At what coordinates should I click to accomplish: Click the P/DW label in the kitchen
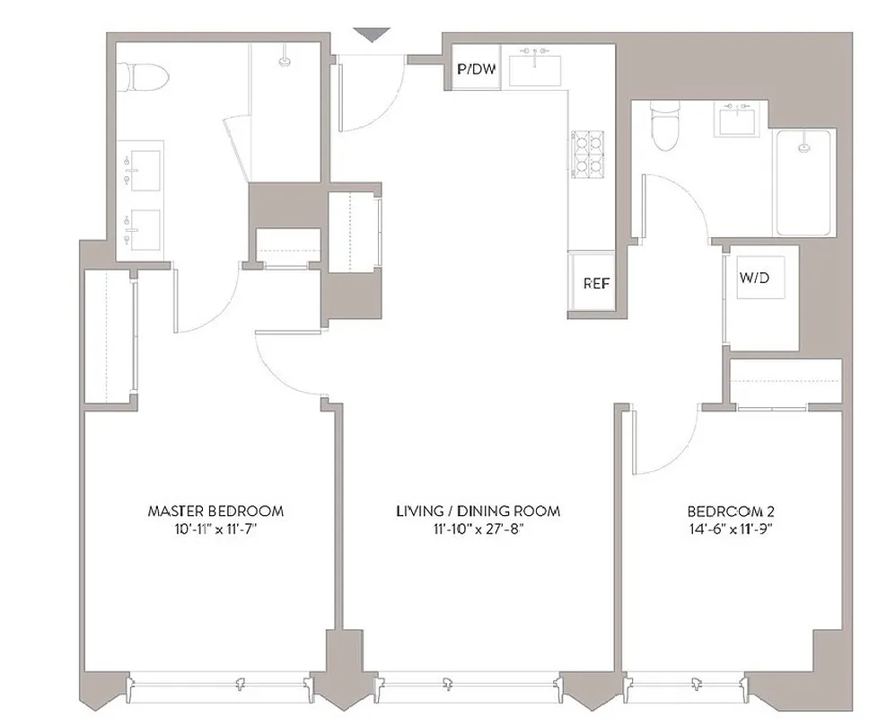tap(476, 68)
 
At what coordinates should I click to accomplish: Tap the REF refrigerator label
tap(596, 283)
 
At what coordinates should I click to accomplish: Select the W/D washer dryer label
tap(755, 279)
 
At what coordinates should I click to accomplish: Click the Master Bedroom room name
tap(215, 511)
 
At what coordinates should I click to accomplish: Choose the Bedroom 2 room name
tap(729, 511)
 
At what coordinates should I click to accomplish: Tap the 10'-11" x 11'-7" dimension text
tap(215, 528)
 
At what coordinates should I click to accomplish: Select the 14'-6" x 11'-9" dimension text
tap(729, 528)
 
